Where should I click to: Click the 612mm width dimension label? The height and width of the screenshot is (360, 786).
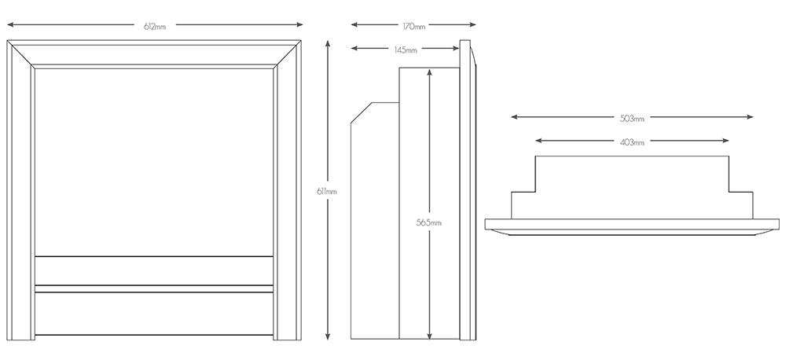coord(155,27)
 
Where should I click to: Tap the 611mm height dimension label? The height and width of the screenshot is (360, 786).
coord(327,191)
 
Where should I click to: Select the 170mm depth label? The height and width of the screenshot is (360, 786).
coord(414,27)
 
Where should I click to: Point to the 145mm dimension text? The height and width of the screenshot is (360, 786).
coord(406,50)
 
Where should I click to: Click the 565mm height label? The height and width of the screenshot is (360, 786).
coord(429,222)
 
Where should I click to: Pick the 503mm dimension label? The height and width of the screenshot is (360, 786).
coord(632,119)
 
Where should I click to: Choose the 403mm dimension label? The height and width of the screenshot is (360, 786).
coord(632,142)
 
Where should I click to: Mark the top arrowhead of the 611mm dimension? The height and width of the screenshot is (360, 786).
coord(328,43)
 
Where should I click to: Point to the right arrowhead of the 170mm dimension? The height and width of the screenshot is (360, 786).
coord(472,24)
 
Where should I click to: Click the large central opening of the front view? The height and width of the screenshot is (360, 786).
coord(154,162)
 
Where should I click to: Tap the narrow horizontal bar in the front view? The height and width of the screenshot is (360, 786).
coord(154,288)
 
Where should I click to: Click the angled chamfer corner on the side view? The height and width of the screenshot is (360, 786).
coord(361,112)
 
